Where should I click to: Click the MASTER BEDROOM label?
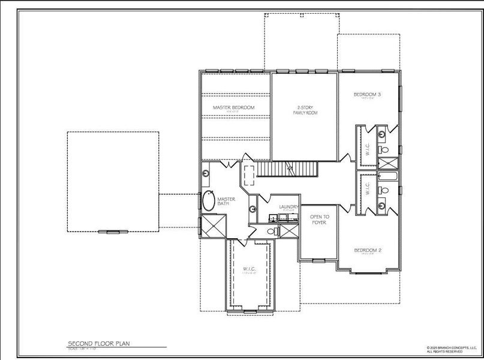tap(233, 107)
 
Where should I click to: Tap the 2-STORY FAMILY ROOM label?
tap(305, 110)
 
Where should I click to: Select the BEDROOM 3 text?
tap(368, 94)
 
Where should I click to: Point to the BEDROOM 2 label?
tap(368, 250)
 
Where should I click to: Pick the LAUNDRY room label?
tap(288, 207)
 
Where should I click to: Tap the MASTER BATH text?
tap(225, 201)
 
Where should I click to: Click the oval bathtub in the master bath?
tap(209, 200)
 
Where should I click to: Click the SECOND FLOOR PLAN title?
tap(98, 344)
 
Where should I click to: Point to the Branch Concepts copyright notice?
tap(452, 349)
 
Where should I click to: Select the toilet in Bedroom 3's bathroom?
tap(386, 149)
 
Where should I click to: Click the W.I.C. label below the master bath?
tap(249, 268)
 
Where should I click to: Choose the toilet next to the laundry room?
tap(272, 230)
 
